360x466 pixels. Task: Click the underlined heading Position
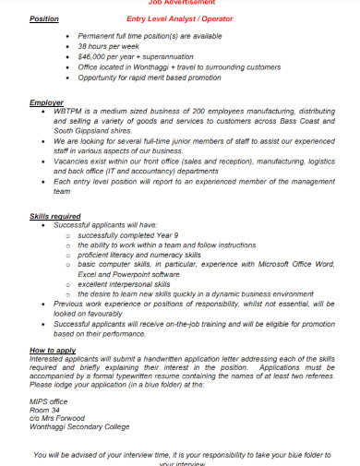(43, 18)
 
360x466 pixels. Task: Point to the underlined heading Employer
(46, 102)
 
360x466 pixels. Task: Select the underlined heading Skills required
(55, 215)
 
